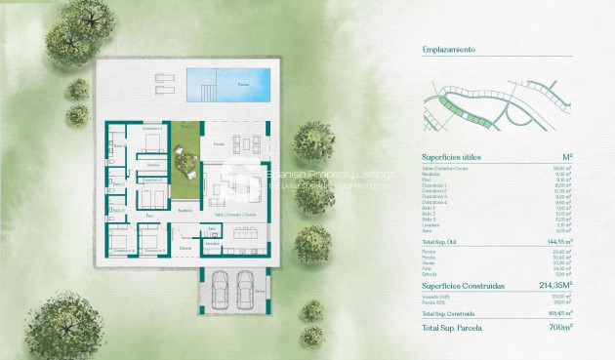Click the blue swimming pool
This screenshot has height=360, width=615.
point(232,81)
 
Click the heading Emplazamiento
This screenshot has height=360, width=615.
point(448,46)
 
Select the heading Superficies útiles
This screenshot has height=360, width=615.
point(451,157)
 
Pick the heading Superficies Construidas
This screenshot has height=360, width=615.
point(463,287)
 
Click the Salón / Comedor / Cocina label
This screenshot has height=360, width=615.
point(236,214)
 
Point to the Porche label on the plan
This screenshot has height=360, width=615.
point(219,143)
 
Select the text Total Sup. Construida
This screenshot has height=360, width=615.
point(448,314)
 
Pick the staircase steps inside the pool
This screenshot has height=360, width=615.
point(208,92)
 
